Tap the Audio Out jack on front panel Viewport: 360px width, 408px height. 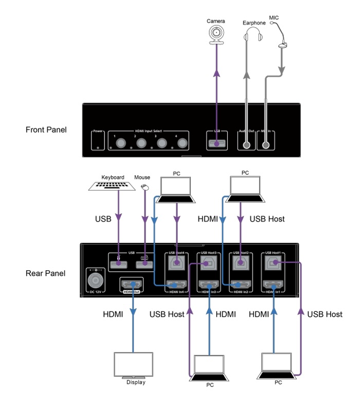click(x=247, y=144)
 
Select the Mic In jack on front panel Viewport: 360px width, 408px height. click(x=266, y=144)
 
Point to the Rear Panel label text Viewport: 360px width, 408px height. click(x=45, y=273)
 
